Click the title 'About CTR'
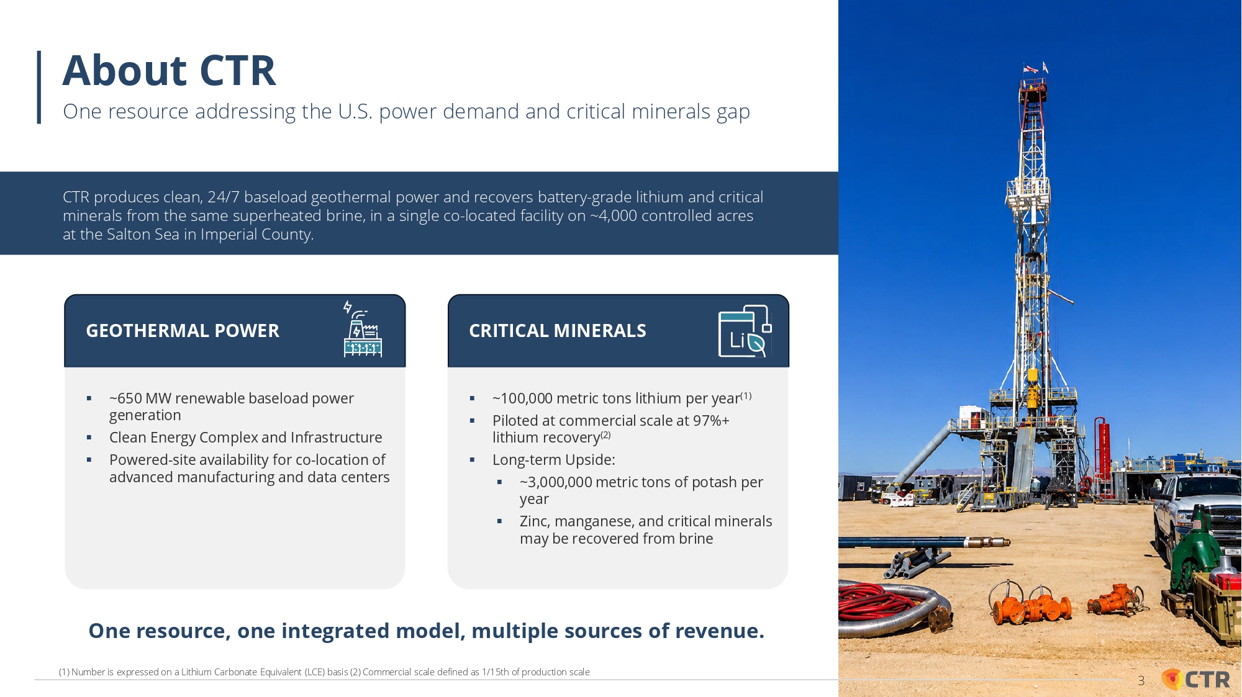(x=169, y=70)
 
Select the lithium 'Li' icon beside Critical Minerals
(x=745, y=331)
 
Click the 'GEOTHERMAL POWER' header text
(x=183, y=331)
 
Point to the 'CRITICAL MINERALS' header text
(x=558, y=331)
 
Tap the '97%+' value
(x=711, y=421)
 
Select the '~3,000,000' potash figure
(x=556, y=482)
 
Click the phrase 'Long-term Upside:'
(x=554, y=460)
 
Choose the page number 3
(x=1141, y=681)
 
